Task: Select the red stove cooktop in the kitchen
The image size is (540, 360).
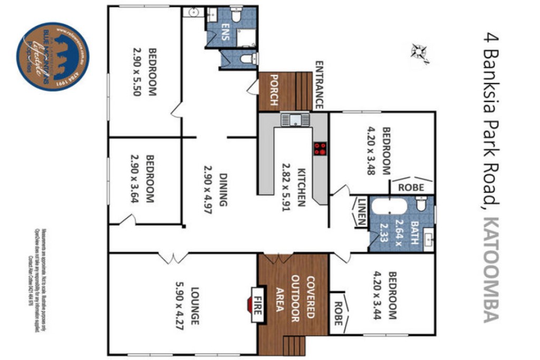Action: (x=320, y=148)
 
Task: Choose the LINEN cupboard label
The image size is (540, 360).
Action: (x=361, y=211)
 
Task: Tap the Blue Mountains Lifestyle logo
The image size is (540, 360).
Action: (x=53, y=56)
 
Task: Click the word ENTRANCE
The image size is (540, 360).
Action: (x=319, y=85)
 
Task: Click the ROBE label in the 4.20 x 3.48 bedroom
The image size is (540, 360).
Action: (x=412, y=187)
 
